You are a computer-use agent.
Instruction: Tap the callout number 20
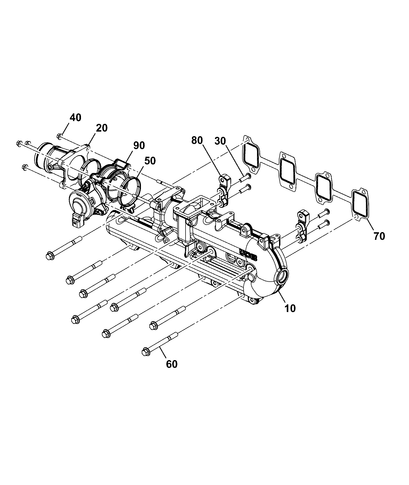click(x=102, y=128)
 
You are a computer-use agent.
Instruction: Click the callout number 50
click(x=150, y=161)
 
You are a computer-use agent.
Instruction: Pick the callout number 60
click(x=171, y=364)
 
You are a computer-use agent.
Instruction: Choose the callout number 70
click(x=379, y=236)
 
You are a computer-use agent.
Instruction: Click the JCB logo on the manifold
click(x=248, y=254)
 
